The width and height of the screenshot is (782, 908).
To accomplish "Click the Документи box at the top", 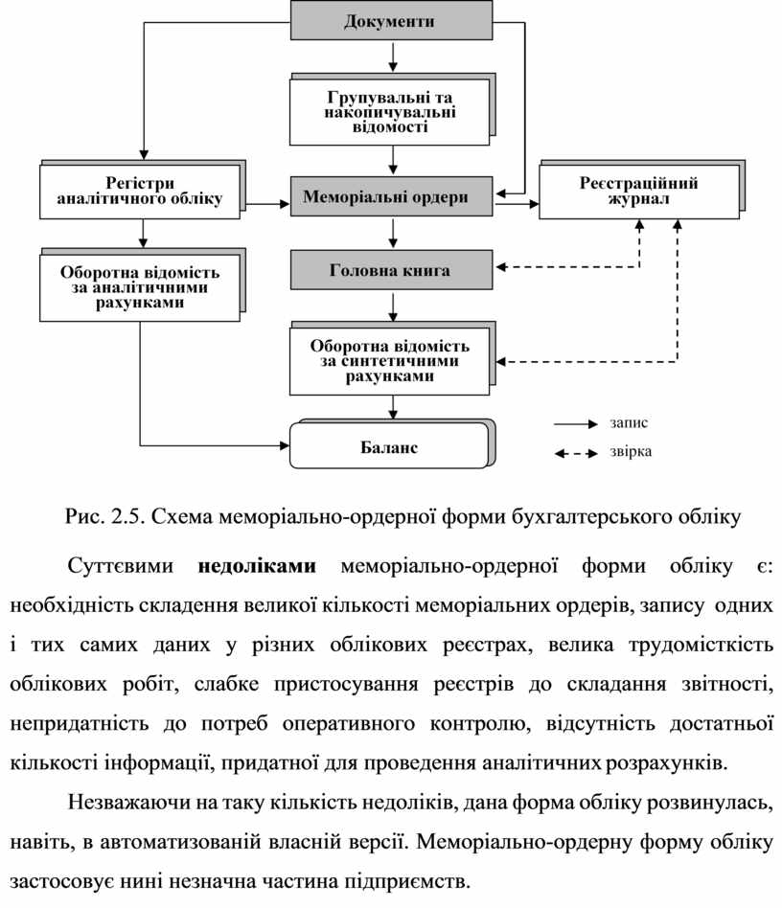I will pyautogui.click(x=391, y=21).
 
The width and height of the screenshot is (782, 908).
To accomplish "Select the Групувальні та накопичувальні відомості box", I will pyautogui.click(x=390, y=111).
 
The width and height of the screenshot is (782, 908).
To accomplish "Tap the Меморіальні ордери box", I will pyautogui.click(x=391, y=197).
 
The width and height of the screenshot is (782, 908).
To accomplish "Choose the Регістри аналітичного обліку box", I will pyautogui.click(x=140, y=191).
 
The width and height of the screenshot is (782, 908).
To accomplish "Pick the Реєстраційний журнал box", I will pyautogui.click(x=638, y=191).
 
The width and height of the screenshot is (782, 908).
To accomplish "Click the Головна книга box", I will pyautogui.click(x=391, y=271).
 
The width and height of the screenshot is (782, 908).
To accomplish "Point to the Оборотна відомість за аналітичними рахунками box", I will pyautogui.click(x=140, y=286).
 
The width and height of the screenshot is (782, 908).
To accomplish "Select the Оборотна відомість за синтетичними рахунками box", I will pyautogui.click(x=390, y=360).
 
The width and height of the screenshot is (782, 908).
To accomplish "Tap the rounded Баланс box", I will pyautogui.click(x=390, y=447).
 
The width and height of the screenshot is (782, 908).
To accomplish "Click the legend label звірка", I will pyautogui.click(x=630, y=452).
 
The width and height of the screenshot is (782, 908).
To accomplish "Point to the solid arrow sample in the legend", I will pyautogui.click(x=575, y=422).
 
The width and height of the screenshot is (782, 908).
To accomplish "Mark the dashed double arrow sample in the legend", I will pyautogui.click(x=575, y=453).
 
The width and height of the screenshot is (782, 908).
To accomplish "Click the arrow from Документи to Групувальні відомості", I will pyautogui.click(x=392, y=58).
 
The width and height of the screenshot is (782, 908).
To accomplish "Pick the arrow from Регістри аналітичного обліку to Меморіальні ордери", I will pyautogui.click(x=266, y=203).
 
